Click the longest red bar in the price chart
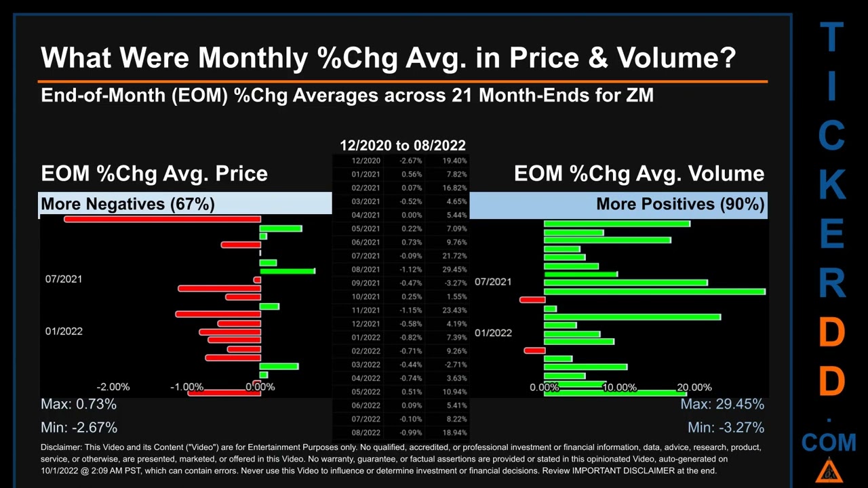(162, 219)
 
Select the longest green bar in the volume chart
(654, 291)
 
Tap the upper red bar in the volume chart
(532, 300)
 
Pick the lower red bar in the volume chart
(534, 350)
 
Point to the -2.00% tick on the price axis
(113, 387)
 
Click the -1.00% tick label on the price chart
(186, 387)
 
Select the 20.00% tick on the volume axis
(694, 388)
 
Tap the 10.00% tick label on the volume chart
(619, 388)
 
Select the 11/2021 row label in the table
(366, 310)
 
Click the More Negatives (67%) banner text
(127, 204)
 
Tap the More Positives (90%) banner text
(680, 204)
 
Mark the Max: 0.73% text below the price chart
(79, 405)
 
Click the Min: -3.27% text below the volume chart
(726, 428)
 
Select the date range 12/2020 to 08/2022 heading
(403, 145)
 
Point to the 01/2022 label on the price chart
(64, 331)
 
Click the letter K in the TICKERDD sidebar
(831, 184)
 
